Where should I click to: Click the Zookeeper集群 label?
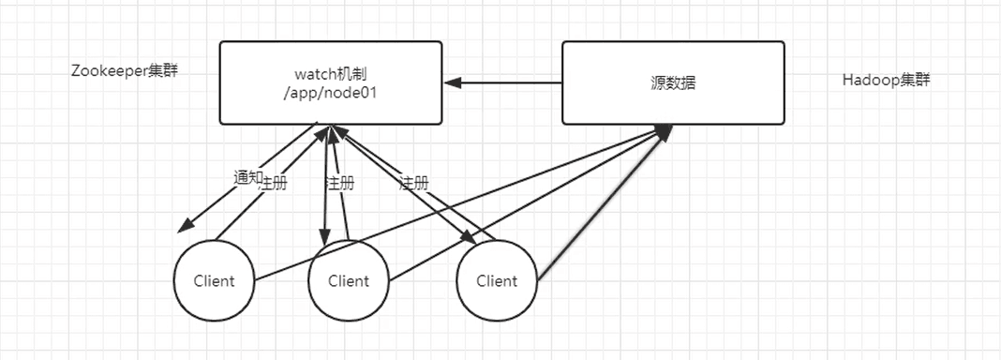point(125,71)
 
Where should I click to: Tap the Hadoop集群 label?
point(886,81)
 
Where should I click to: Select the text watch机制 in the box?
point(330,75)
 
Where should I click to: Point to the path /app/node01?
point(330,93)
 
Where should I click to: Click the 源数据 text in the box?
point(674,83)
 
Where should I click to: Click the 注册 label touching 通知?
point(273,184)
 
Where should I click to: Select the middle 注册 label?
point(339,184)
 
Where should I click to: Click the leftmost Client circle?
point(214,281)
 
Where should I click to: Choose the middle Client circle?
point(349,281)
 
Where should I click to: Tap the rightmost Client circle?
point(498,281)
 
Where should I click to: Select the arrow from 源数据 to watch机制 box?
point(503,83)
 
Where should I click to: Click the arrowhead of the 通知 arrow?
point(185,226)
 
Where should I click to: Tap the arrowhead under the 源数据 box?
point(664,131)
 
